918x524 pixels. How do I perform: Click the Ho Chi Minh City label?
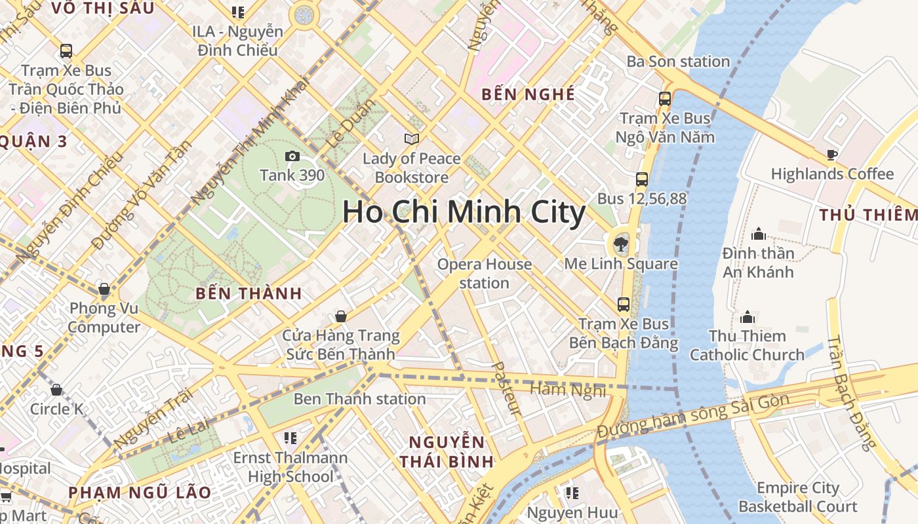[x=464, y=212]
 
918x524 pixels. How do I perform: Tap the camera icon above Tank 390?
[x=292, y=156]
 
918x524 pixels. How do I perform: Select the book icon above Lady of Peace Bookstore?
[x=412, y=139]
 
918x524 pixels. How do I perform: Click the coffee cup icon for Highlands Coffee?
[x=832, y=155]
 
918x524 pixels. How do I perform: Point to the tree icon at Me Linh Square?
[x=620, y=245]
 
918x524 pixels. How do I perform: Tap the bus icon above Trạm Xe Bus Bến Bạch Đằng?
[x=623, y=304]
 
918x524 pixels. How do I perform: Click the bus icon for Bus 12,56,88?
[x=641, y=179]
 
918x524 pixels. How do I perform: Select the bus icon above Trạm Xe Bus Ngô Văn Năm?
[x=665, y=99]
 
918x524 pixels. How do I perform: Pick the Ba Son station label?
[x=678, y=62]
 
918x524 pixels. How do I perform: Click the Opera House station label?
[x=485, y=274]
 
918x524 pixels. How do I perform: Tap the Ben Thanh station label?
[x=359, y=399]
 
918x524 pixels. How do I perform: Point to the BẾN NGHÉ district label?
[x=528, y=94]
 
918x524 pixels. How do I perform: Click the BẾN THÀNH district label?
[x=249, y=293]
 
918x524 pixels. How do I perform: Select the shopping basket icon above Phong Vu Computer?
[x=104, y=289]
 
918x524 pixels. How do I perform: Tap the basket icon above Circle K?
[x=56, y=390]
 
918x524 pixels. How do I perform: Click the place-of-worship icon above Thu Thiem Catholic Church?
[x=747, y=318]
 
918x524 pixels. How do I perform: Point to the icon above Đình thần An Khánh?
[x=759, y=234]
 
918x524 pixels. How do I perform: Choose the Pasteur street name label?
[x=507, y=389]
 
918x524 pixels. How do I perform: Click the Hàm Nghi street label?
[x=568, y=390]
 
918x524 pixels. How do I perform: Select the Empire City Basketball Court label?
[x=798, y=497]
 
